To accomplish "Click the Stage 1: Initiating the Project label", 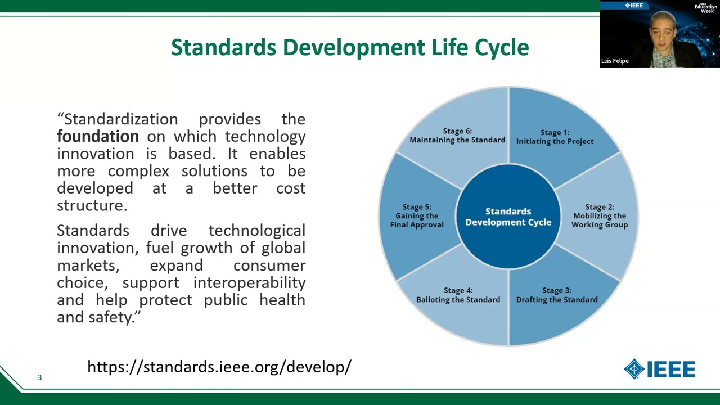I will pyautogui.click(x=555, y=137).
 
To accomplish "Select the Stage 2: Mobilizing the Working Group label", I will pyautogui.click(x=600, y=216).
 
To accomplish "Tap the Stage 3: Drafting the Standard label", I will pyautogui.click(x=557, y=295).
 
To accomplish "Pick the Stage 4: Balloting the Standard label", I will pyautogui.click(x=458, y=295).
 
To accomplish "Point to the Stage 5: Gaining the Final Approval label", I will pyautogui.click(x=417, y=216).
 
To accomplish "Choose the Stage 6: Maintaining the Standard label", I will pyautogui.click(x=457, y=136).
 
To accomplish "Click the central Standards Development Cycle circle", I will pyautogui.click(x=508, y=217).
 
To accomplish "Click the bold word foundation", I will pyautogui.click(x=97, y=137).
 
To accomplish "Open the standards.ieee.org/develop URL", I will pyautogui.click(x=219, y=367).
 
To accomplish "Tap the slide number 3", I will pyautogui.click(x=39, y=377).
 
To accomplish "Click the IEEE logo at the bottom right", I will pyautogui.click(x=659, y=369).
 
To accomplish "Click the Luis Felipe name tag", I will pyautogui.click(x=615, y=61).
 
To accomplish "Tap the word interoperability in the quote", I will pyautogui.click(x=249, y=282).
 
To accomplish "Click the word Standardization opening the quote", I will pyautogui.click(x=120, y=119).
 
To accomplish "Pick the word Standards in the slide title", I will pyautogui.click(x=223, y=47).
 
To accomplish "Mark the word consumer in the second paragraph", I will pyautogui.click(x=269, y=265).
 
